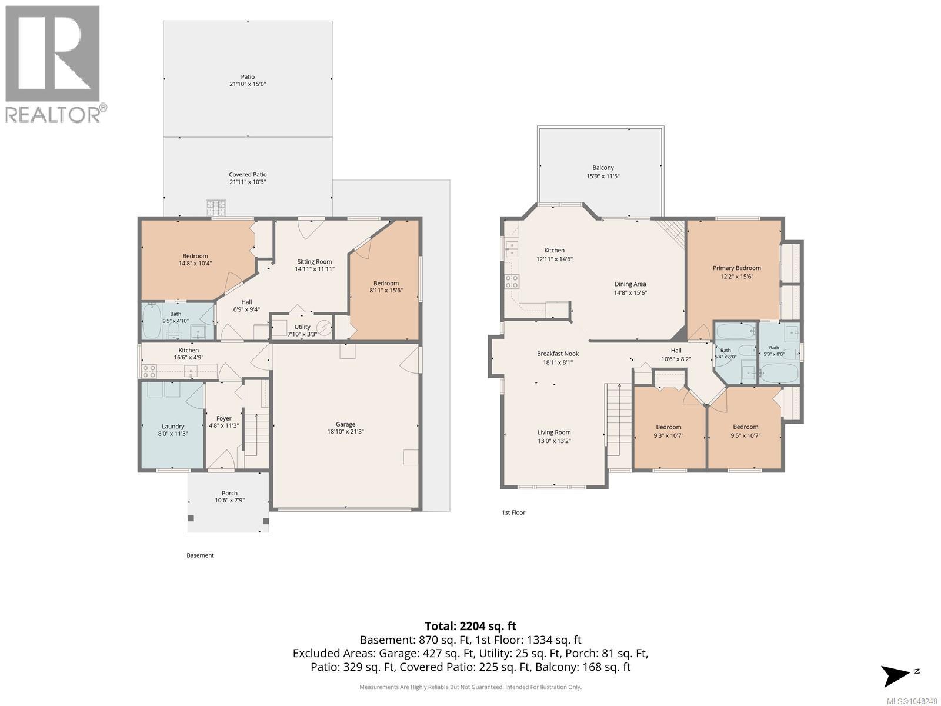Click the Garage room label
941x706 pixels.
click(x=345, y=424)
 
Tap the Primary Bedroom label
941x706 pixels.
click(x=736, y=268)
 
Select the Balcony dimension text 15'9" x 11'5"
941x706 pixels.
click(x=603, y=176)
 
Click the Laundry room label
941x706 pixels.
click(x=173, y=426)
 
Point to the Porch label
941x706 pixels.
click(x=229, y=493)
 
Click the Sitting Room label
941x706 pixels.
click(x=314, y=261)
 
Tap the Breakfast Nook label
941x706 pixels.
click(x=558, y=354)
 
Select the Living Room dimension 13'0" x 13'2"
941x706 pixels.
click(x=554, y=441)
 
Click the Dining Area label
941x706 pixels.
click(x=630, y=284)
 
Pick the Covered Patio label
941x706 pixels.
click(x=248, y=175)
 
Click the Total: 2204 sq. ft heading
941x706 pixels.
click(x=470, y=626)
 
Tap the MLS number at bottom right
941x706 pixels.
click(x=912, y=701)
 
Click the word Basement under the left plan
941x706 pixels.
click(x=200, y=555)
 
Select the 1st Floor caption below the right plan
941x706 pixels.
click(x=513, y=512)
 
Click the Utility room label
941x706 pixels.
click(x=302, y=327)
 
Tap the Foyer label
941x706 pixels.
click(x=224, y=418)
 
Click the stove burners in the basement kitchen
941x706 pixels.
click(x=149, y=371)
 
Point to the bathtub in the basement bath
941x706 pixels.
click(x=151, y=321)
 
